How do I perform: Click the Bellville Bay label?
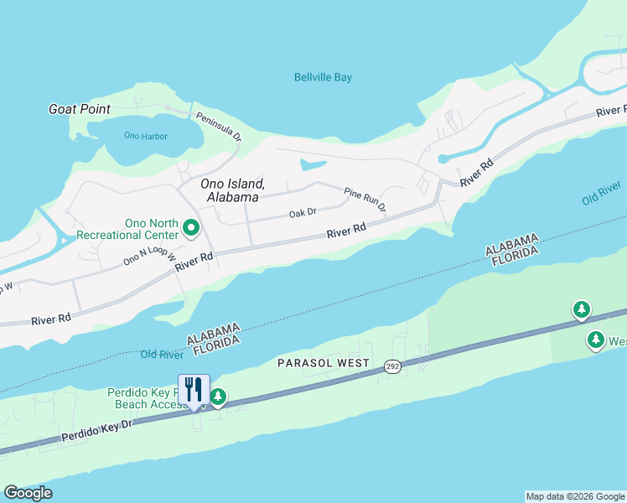tap(323, 77)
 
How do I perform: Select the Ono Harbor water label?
tap(143, 135)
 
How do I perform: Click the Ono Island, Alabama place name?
tap(232, 189)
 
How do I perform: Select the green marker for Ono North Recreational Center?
tap(191, 227)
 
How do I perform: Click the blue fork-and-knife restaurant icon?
tap(194, 389)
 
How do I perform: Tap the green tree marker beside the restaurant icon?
tap(218, 396)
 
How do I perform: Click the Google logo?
tap(28, 493)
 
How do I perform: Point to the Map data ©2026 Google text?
tap(575, 496)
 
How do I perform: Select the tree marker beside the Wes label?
tap(595, 340)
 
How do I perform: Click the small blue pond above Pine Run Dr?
tap(313, 163)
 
